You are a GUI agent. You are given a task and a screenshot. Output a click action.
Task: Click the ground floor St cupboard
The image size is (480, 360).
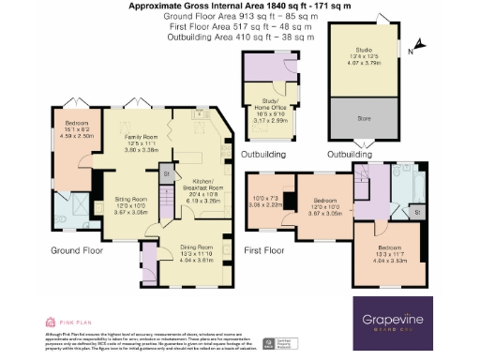[167, 174]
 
